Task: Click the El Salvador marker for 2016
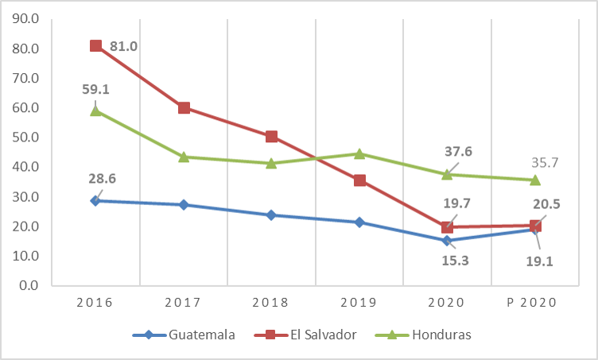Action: click(95, 46)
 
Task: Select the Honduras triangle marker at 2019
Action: click(359, 153)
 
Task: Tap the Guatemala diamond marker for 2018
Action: click(271, 215)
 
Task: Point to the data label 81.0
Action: click(124, 47)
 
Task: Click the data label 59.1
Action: click(95, 89)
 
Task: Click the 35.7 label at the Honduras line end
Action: click(545, 162)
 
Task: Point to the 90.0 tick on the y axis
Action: click(27, 19)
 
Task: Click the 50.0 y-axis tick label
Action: click(27, 137)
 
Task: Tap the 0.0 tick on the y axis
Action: click(30, 285)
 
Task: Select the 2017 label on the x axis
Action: click(183, 303)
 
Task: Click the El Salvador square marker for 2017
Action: click(184, 108)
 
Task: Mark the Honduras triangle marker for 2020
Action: click(447, 173)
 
